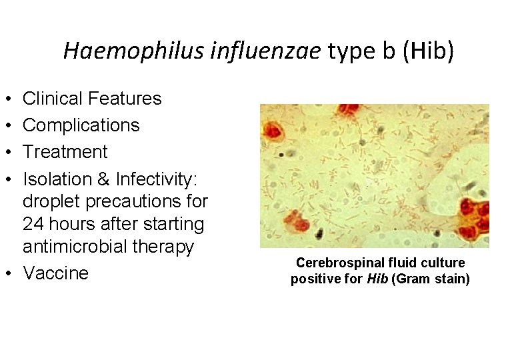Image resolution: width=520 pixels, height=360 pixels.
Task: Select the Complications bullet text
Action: coord(81,125)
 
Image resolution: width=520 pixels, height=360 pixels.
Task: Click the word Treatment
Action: coord(65,152)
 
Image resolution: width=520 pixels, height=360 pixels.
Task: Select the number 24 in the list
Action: coord(34,223)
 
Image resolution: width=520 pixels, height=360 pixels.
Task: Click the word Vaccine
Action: coord(55,273)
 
